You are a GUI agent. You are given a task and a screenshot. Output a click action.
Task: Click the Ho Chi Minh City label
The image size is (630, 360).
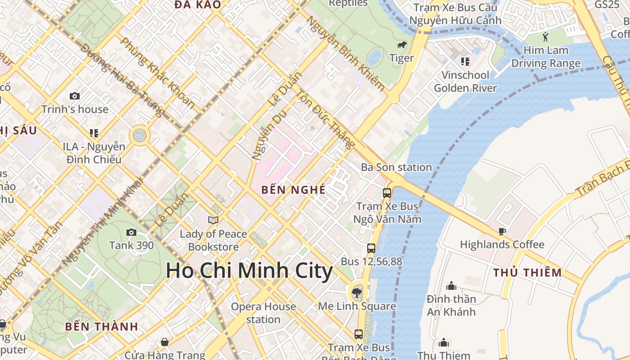249,271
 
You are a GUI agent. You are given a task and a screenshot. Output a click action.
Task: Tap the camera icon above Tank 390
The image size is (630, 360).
131,232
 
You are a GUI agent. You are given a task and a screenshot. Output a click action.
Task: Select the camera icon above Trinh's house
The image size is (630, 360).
75,96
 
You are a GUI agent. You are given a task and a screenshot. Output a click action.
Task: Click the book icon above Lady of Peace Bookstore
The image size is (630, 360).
213,220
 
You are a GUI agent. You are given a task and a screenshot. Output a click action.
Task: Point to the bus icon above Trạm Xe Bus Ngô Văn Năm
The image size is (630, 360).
387,193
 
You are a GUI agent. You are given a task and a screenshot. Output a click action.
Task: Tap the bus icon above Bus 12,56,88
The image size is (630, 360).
371,248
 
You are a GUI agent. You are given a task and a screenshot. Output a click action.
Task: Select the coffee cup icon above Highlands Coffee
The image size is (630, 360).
502,232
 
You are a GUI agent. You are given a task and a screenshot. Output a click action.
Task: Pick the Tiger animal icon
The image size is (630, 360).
402,45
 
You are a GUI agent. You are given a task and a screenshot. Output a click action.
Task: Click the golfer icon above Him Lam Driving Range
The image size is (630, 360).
546,36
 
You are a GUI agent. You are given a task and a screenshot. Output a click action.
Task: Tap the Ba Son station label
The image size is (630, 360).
396,167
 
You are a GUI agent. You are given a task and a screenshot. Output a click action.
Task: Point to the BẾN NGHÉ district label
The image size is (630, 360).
293,189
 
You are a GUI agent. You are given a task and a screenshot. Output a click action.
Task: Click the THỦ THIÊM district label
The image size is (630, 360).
527,272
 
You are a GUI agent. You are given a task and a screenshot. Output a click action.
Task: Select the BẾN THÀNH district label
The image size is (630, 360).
101,327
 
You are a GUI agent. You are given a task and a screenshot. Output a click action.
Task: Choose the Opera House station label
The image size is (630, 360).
263,313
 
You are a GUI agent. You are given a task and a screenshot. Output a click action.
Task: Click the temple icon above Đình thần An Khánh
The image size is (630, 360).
451,286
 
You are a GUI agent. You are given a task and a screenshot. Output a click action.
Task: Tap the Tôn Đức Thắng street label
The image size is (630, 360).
324,119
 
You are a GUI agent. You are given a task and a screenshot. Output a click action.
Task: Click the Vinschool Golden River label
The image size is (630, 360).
465,81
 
